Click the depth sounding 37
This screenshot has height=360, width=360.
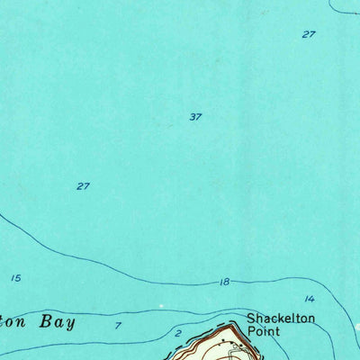pos(195,117)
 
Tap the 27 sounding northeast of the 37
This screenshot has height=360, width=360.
pos(309,34)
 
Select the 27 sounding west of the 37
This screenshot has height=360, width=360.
pos(83,186)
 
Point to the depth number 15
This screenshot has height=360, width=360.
pos(15,278)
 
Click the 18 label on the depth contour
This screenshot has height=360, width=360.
pos(224,283)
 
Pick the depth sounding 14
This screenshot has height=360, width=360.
pos(310,299)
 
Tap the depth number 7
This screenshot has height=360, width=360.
pos(118,325)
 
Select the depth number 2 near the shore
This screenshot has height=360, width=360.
pos(177,334)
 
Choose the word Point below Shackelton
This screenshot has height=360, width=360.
pos(265,331)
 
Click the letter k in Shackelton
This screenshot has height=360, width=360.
pos(277,319)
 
